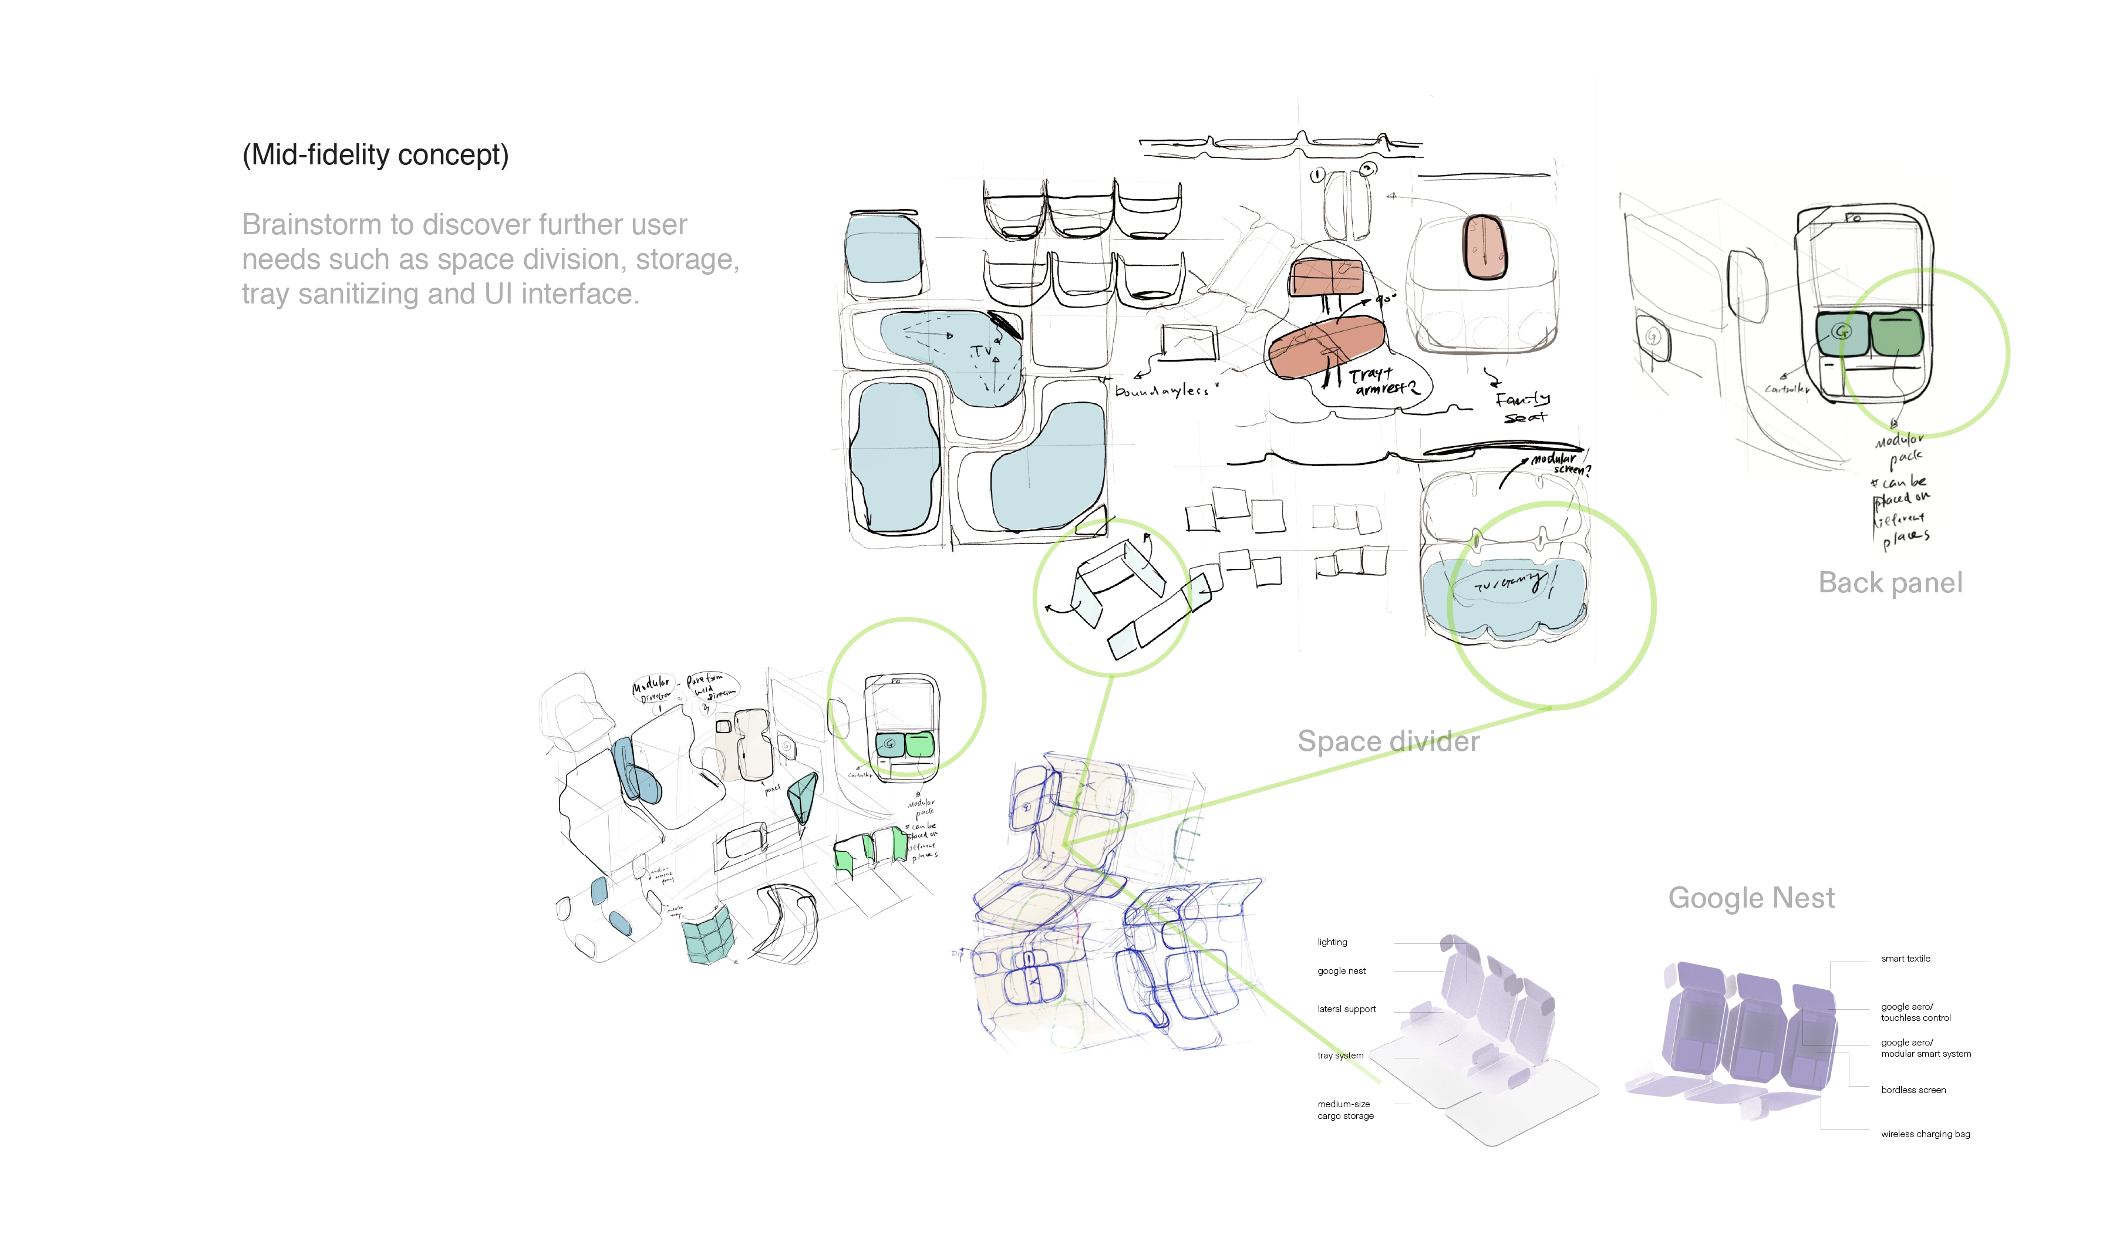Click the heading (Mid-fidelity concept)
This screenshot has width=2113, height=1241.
coord(375,155)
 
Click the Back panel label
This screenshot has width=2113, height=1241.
coord(1889,583)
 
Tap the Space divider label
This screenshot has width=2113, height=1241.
coord(1388,741)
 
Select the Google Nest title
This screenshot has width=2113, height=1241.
coord(1751,898)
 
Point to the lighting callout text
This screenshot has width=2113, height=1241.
coord(1332,942)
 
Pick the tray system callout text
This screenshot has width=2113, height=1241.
coord(1340,1055)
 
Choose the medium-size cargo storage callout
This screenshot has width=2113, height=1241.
coord(1345,1110)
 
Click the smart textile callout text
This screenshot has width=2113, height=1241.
coord(1905,959)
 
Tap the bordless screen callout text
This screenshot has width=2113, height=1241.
coord(1913,1090)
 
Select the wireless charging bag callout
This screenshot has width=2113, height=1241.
coord(1925,1135)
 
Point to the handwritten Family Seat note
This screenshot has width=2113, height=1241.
coord(1522,407)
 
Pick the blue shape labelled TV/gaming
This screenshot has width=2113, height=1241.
coord(1505,595)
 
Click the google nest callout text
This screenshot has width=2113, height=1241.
coord(1341,971)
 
